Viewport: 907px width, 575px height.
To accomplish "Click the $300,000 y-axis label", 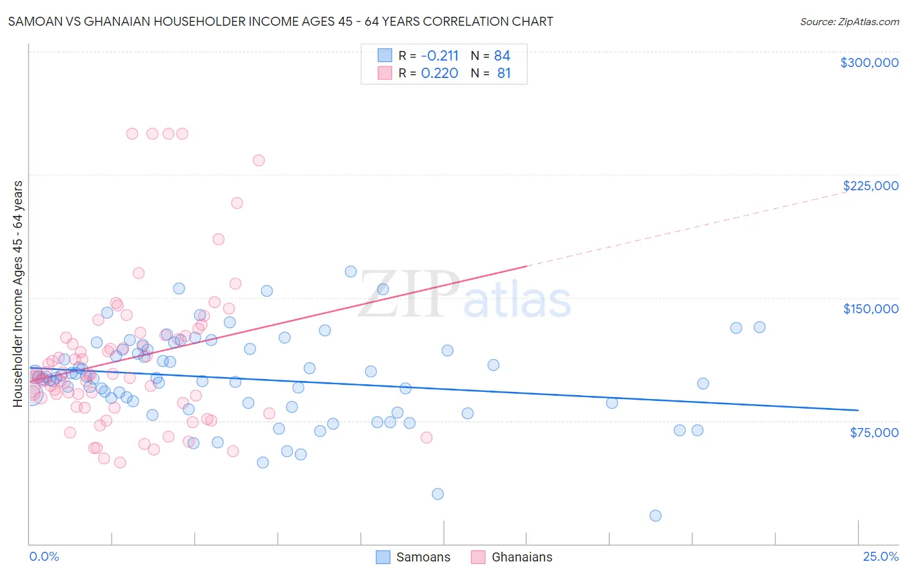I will [x=869, y=63].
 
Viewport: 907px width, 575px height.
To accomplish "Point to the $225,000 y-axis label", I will [x=870, y=186].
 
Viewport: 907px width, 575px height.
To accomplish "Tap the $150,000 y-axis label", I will [x=870, y=309].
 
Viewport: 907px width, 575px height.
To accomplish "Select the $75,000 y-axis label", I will [x=873, y=433].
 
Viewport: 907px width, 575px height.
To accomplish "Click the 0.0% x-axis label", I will [x=44, y=556].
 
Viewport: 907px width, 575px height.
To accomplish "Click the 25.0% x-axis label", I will [x=881, y=556].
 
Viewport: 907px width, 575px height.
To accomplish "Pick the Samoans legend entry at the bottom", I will [x=414, y=557].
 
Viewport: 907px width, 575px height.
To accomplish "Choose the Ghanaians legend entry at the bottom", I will [x=512, y=557].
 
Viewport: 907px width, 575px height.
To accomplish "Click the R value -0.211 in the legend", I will [x=439, y=55].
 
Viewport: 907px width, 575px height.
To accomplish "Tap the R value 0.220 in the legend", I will [x=439, y=73].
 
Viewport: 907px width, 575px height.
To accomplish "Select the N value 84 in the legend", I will [x=502, y=55].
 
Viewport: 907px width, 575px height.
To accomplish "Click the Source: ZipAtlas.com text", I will [x=849, y=21].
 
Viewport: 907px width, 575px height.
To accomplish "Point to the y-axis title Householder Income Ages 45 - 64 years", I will [x=17, y=293].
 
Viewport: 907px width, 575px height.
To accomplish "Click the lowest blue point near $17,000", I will [x=655, y=516].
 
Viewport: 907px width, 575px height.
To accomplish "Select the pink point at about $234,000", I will [x=259, y=161].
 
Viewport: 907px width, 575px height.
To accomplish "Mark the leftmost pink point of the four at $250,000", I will [x=132, y=134].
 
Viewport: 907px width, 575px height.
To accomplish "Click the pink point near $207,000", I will [x=237, y=203].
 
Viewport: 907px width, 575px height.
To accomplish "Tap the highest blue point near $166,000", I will [x=351, y=271].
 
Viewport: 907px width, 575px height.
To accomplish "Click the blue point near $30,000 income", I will [x=438, y=494].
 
